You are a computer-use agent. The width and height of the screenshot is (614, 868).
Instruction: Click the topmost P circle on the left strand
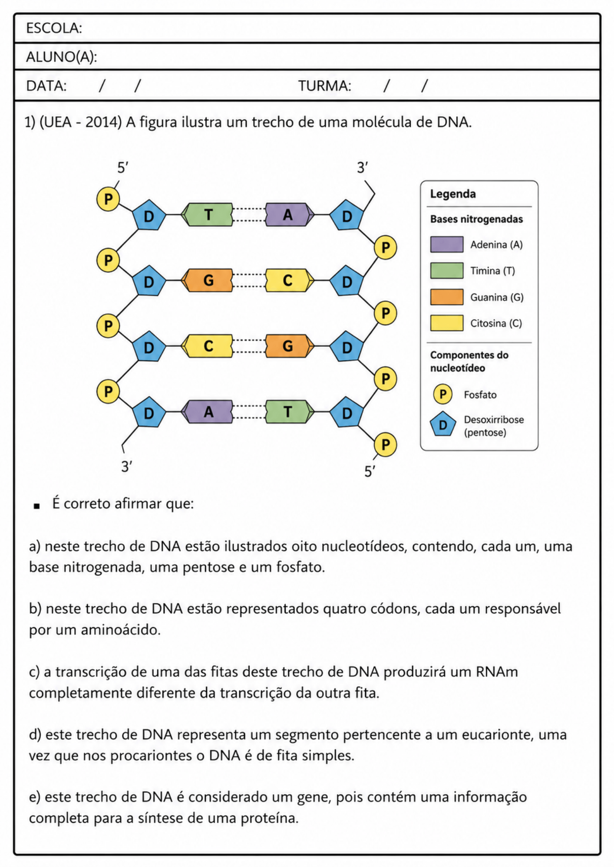pos(108,199)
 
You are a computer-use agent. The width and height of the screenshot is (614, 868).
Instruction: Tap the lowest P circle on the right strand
pos(385,444)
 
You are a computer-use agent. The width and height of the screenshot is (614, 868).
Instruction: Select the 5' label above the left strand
pos(123,168)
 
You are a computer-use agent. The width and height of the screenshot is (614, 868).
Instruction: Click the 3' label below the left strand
pos(127,467)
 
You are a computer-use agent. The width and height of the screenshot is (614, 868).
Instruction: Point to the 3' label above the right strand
pos(363,168)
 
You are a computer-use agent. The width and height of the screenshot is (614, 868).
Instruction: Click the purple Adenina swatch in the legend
pos(447,244)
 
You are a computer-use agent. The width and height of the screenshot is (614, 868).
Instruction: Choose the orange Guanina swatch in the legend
pos(447,297)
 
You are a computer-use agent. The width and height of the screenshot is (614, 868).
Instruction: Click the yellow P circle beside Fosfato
pos(443,394)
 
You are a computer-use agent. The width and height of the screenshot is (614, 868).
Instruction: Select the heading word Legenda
pos(453,194)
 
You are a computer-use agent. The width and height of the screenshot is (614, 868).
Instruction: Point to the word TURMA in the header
pos(324,86)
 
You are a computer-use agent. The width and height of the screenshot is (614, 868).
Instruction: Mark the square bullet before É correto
pos(36,506)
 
